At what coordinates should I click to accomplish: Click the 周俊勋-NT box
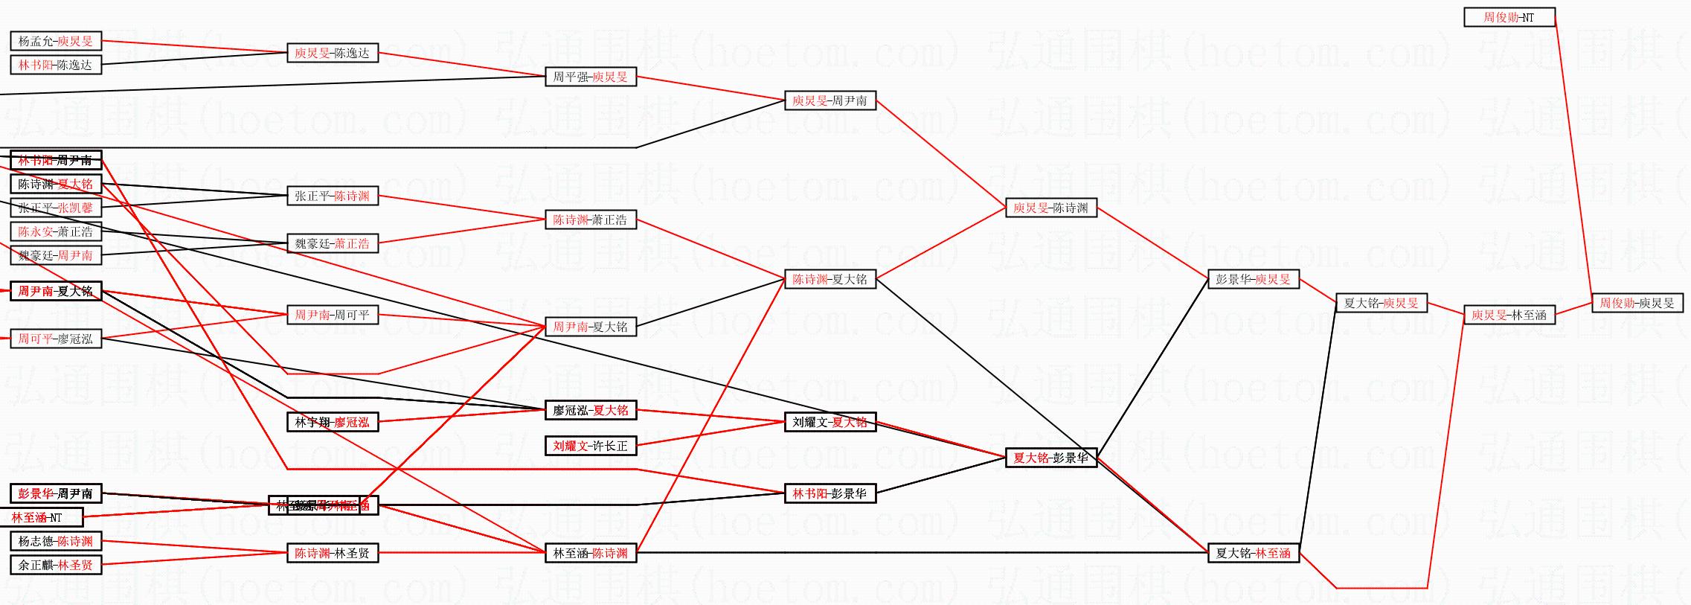(x=1509, y=17)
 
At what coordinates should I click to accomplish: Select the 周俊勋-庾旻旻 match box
(x=1637, y=303)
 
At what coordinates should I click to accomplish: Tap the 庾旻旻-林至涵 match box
(x=1509, y=315)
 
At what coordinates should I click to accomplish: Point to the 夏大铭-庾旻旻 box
(x=1381, y=303)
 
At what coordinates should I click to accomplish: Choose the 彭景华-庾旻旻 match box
(x=1253, y=279)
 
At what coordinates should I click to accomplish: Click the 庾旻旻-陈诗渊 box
(x=1050, y=208)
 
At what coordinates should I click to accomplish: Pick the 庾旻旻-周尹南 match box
(x=830, y=100)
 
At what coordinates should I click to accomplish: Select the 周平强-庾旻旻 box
(x=590, y=77)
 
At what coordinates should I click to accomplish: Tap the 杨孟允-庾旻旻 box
(x=56, y=41)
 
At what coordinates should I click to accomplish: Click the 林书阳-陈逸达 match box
(x=56, y=65)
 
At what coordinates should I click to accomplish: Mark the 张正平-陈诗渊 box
(x=332, y=196)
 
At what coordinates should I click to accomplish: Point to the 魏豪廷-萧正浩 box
(x=332, y=243)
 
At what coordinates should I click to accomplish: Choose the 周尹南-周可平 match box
(x=332, y=315)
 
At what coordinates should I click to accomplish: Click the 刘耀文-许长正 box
(x=590, y=446)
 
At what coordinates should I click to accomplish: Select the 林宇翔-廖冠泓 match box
(x=332, y=422)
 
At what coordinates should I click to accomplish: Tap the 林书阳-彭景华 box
(x=830, y=493)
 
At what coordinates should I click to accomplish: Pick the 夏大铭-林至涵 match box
(x=1253, y=553)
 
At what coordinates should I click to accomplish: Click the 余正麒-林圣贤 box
(x=56, y=565)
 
